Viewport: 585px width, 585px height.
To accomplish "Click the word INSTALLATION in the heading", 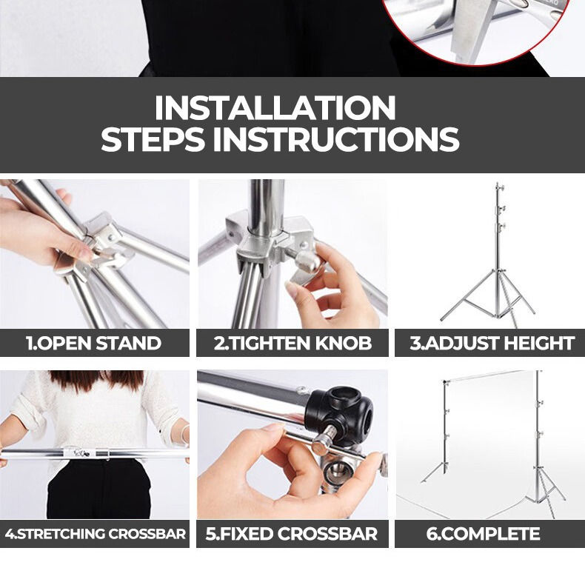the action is click(275, 108).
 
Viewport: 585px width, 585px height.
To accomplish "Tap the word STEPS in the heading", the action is click(153, 138).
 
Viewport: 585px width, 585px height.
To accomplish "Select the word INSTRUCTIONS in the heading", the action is click(336, 138).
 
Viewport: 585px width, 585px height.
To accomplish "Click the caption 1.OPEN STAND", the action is click(93, 344).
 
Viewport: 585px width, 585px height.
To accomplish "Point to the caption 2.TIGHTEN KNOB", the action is click(293, 344).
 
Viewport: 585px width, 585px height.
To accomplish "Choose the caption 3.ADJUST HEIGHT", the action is click(492, 344).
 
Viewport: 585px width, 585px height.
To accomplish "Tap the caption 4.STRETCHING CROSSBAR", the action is click(95, 533).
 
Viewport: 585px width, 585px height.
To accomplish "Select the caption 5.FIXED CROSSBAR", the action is click(292, 533).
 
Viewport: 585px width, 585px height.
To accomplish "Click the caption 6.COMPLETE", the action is click(483, 533).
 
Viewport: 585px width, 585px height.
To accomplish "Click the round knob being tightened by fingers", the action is click(308, 261).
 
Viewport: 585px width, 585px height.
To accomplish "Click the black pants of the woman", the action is click(99, 489).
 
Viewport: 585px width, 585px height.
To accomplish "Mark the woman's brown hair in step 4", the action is click(96, 381).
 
